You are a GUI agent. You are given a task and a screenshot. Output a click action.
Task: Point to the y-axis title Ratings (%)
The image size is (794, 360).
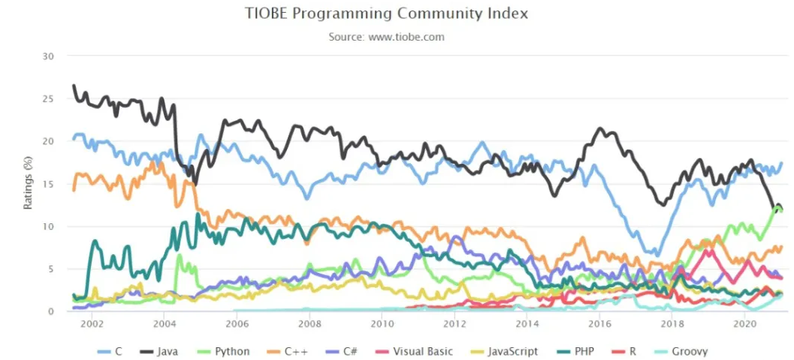pyautogui.click(x=28, y=183)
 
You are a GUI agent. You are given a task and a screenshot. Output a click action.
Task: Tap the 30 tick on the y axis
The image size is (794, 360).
pyautogui.click(x=49, y=56)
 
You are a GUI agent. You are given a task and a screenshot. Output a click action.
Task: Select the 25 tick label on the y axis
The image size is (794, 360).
pyautogui.click(x=49, y=99)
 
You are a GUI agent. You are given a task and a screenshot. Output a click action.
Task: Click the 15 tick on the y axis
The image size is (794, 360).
pyautogui.click(x=49, y=184)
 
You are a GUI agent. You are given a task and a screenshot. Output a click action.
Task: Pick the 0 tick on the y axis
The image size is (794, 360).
pyautogui.click(x=52, y=312)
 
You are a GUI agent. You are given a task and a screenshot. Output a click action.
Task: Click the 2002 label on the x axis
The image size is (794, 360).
pyautogui.click(x=92, y=324)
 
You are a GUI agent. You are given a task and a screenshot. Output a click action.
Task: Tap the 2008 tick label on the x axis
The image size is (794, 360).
pyautogui.click(x=309, y=324)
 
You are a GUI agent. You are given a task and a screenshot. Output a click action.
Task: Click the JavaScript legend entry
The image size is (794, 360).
pyautogui.click(x=503, y=351)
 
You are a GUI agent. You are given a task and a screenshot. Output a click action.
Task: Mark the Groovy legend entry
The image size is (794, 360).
pyautogui.click(x=684, y=351)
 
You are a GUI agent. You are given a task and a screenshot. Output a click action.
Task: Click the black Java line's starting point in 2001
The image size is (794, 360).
pyautogui.click(x=73, y=85)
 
